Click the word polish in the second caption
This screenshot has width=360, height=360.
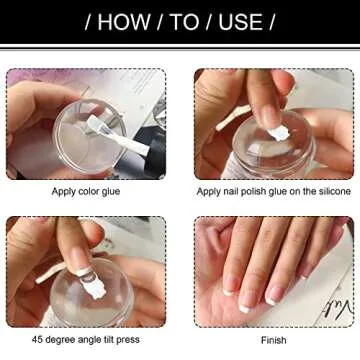click(x=259, y=190)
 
